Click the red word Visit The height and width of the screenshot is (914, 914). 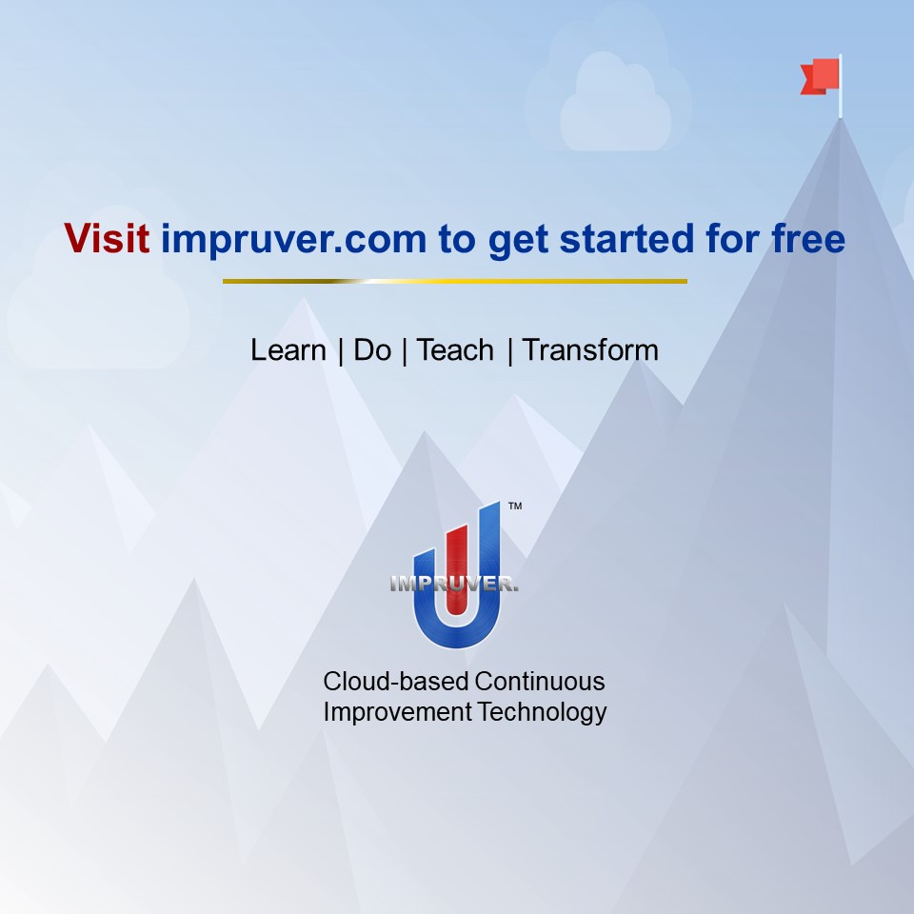[x=107, y=239]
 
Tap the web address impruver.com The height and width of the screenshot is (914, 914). [x=293, y=239]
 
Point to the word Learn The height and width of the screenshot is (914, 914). [x=288, y=350]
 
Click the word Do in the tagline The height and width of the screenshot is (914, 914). [x=372, y=350]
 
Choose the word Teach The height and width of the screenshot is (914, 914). [x=455, y=350]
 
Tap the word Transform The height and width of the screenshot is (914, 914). [x=590, y=350]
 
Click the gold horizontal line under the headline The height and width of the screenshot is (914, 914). [x=455, y=281]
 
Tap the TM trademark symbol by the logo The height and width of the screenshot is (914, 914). [x=515, y=508]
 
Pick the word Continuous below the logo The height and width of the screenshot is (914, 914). [x=540, y=682]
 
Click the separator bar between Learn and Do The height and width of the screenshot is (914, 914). [x=340, y=350]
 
